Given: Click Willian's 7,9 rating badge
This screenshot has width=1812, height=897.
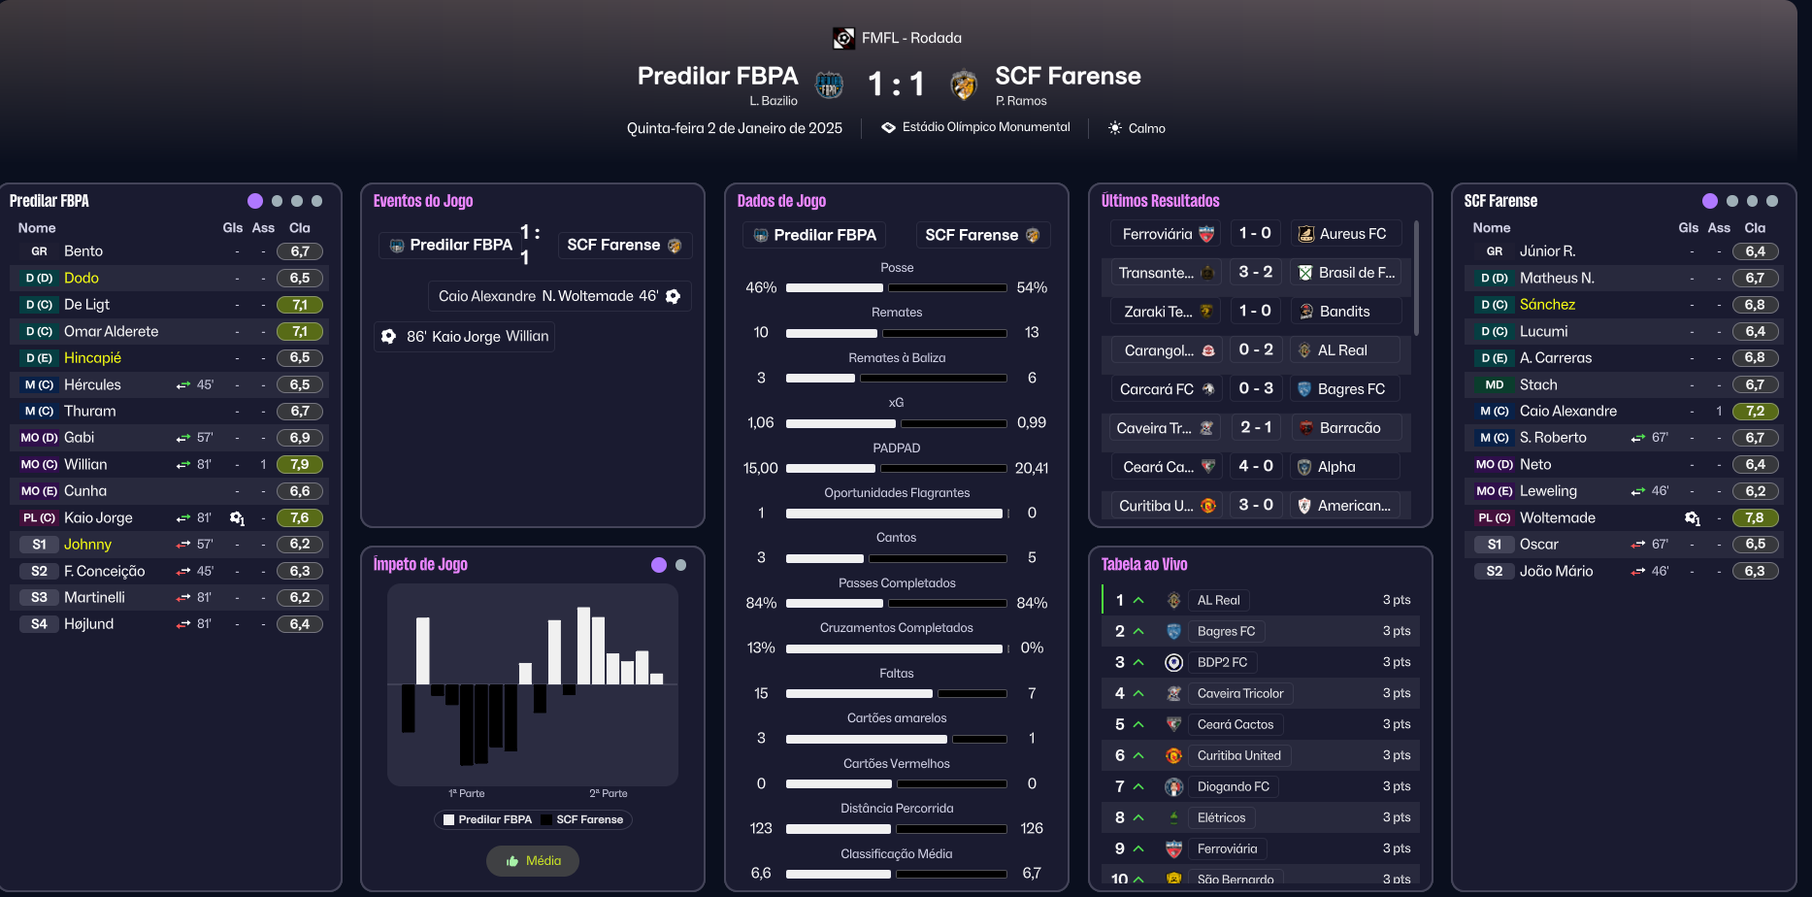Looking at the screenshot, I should point(300,465).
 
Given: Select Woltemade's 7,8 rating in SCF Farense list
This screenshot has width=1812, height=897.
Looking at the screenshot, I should point(1755,518).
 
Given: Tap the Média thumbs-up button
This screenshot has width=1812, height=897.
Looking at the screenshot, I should point(533,861).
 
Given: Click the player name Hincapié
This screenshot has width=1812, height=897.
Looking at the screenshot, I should point(92,358).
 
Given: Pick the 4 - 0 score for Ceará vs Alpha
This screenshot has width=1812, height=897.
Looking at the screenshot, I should point(1255,467).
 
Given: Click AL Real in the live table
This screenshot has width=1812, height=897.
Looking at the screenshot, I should point(1218,600).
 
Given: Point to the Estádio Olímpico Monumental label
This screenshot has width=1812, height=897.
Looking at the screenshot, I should point(985,127).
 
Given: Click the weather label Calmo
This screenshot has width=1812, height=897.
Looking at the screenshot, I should point(1146,128).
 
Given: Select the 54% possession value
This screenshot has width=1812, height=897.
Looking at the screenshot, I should point(1031,288).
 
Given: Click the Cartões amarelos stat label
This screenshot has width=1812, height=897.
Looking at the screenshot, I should point(896,718).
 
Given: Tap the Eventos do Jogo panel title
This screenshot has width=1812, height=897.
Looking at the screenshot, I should point(423,201).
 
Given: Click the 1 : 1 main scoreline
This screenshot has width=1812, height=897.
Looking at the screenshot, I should point(895,84).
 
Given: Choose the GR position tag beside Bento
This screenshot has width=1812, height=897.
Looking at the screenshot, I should point(39,251).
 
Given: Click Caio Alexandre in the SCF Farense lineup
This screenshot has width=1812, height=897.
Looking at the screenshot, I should point(1567,412).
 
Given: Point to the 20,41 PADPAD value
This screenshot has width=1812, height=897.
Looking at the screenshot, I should point(1031,468).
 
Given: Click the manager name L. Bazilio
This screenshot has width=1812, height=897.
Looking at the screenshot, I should point(773,101).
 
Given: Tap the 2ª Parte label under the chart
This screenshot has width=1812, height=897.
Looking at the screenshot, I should point(609,793).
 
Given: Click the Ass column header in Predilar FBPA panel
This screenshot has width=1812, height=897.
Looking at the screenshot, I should point(263,228).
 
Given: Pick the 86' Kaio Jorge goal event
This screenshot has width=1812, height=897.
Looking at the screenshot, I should point(466,337).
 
